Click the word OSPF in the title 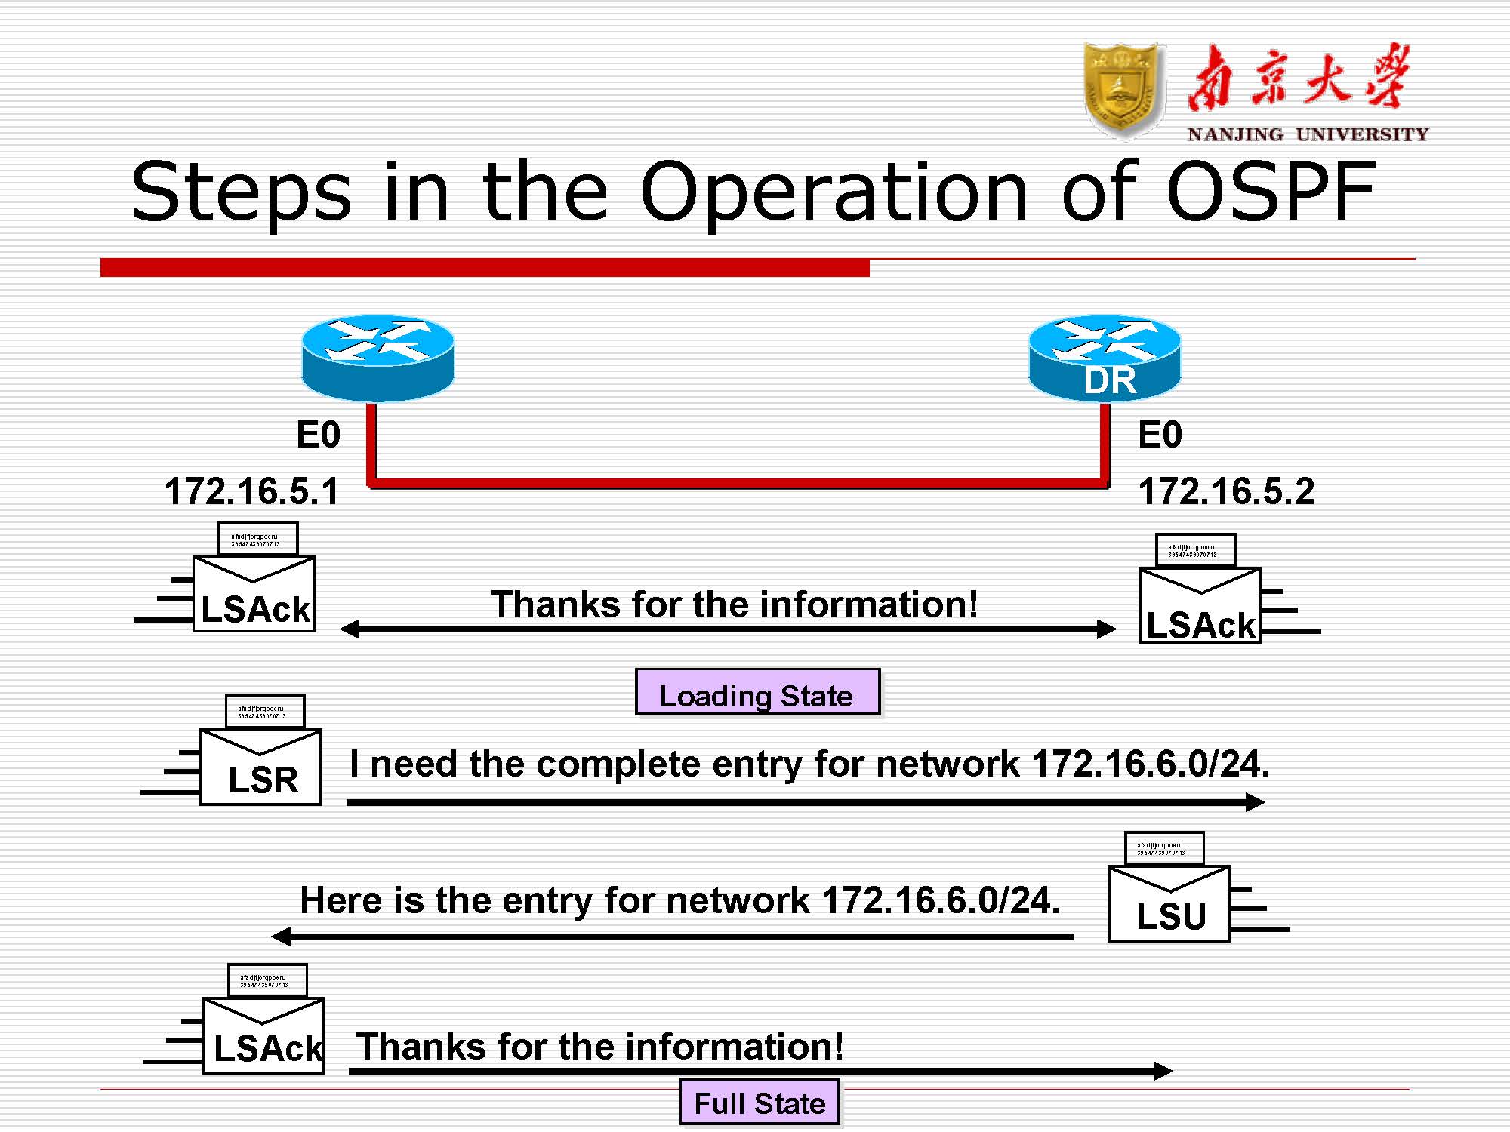click(x=1270, y=192)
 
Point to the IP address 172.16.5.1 click(x=251, y=491)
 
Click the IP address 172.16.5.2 click(x=1226, y=491)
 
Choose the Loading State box click(x=757, y=693)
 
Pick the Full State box click(x=760, y=1103)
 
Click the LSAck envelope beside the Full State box click(x=263, y=1034)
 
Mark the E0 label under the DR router click(x=1160, y=435)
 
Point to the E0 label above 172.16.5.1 click(x=318, y=435)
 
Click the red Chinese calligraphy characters click(x=1297, y=78)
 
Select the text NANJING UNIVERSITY click(x=1308, y=134)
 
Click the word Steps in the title click(x=241, y=192)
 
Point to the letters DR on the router click(x=1109, y=380)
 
